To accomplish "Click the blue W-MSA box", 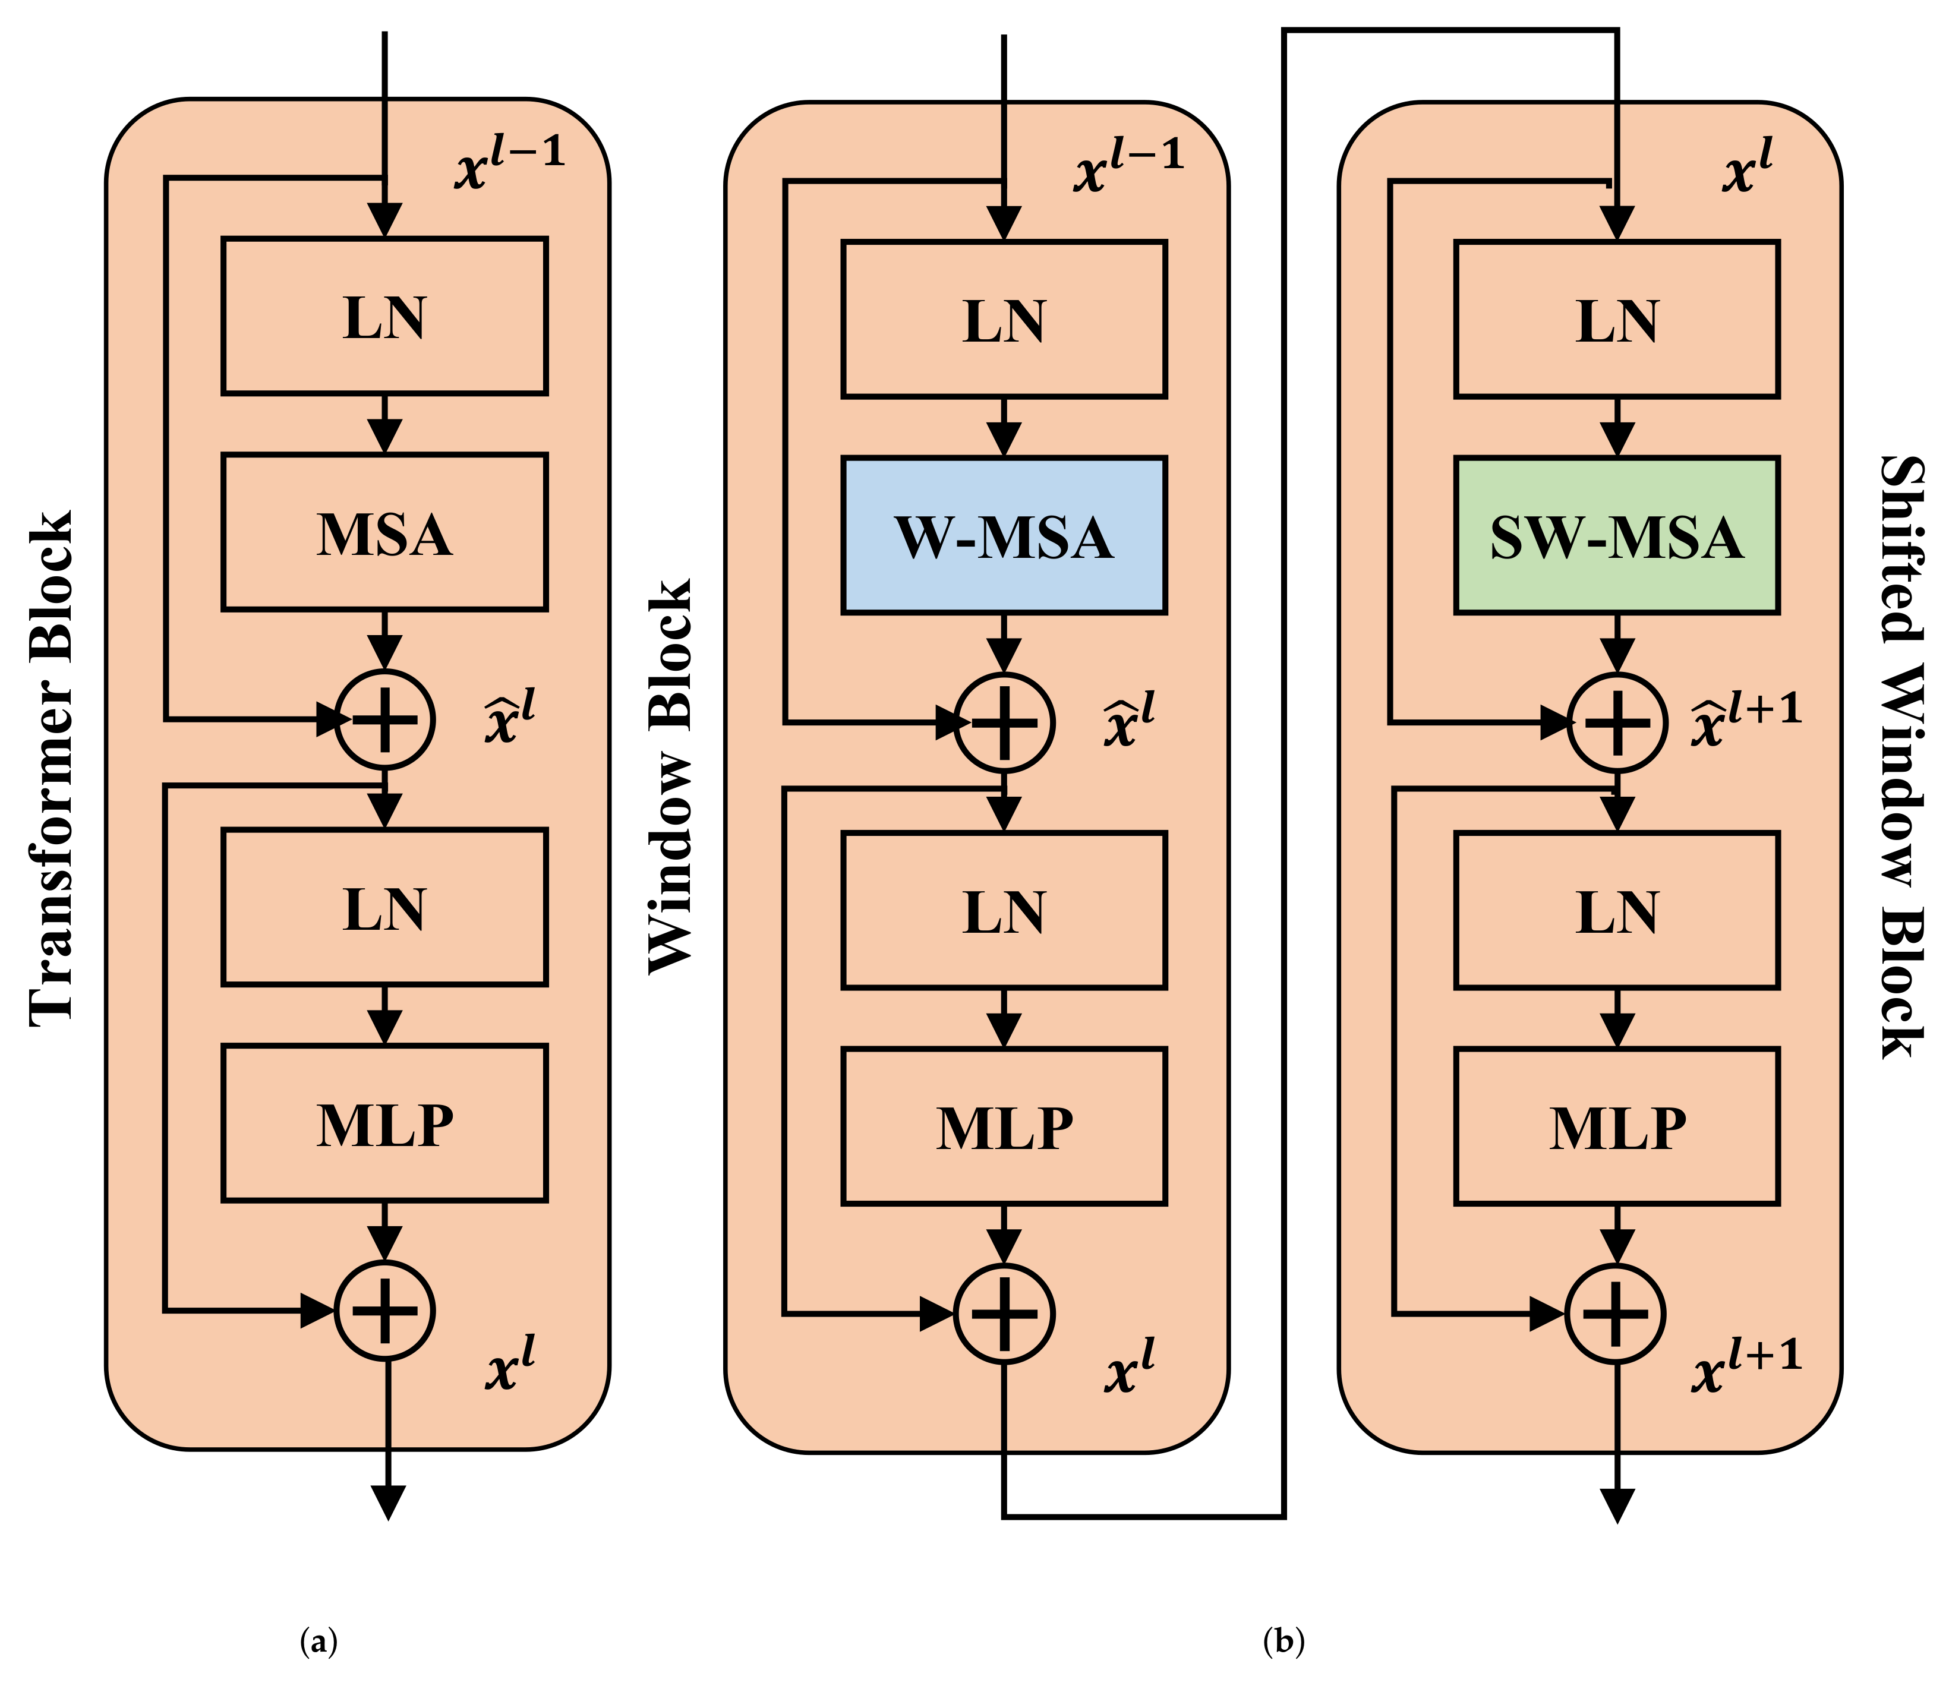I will pos(1004,535).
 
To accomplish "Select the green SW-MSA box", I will pos(1617,535).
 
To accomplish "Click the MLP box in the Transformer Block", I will pos(384,1123).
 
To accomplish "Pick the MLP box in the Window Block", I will pos(1004,1126).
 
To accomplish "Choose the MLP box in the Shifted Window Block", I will pos(1617,1126).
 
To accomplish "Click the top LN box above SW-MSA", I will pos(1617,319).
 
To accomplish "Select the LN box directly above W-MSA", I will pos(1004,319).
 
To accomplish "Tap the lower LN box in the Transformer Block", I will pos(384,908).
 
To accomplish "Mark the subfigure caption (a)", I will pos(318,1641).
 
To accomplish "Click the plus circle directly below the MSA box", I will pos(384,719).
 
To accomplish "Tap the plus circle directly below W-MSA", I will pos(1004,722).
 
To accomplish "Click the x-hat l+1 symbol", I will pos(1745,719).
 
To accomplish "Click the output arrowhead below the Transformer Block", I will pos(388,1501).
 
